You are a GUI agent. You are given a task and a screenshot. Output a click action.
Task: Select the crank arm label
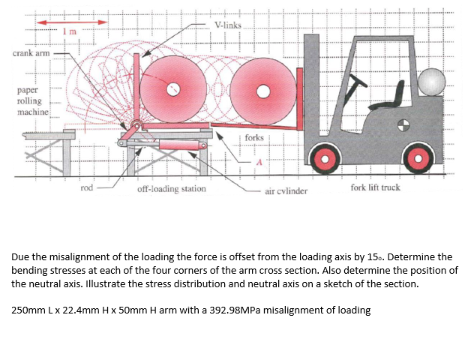tap(31, 53)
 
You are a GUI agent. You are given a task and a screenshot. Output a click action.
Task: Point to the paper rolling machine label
tap(32, 100)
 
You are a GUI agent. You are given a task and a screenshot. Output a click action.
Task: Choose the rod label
tap(87, 187)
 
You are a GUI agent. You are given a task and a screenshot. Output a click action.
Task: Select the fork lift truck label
tap(375, 187)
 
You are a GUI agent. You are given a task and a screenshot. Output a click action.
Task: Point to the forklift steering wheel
tap(361, 80)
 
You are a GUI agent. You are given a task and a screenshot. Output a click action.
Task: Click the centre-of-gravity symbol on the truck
tap(404, 123)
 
